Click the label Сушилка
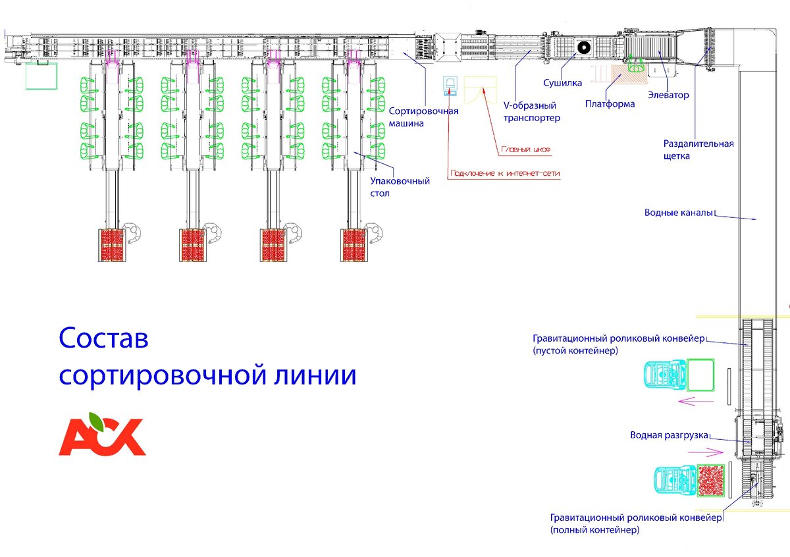pyautogui.click(x=562, y=84)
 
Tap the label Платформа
pyautogui.click(x=610, y=104)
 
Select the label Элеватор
pyautogui.click(x=668, y=95)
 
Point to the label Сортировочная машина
pyautogui.click(x=423, y=117)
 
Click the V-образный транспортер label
pyautogui.click(x=531, y=112)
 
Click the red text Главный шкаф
pyautogui.click(x=525, y=150)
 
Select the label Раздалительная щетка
pyautogui.click(x=698, y=150)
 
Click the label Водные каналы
pyautogui.click(x=679, y=213)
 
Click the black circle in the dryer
pyautogui.click(x=583, y=47)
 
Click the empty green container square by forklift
pyautogui.click(x=700, y=374)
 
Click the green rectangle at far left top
pyautogui.click(x=40, y=76)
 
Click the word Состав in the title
pyautogui.click(x=103, y=340)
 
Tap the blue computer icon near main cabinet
pyautogui.click(x=450, y=86)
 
